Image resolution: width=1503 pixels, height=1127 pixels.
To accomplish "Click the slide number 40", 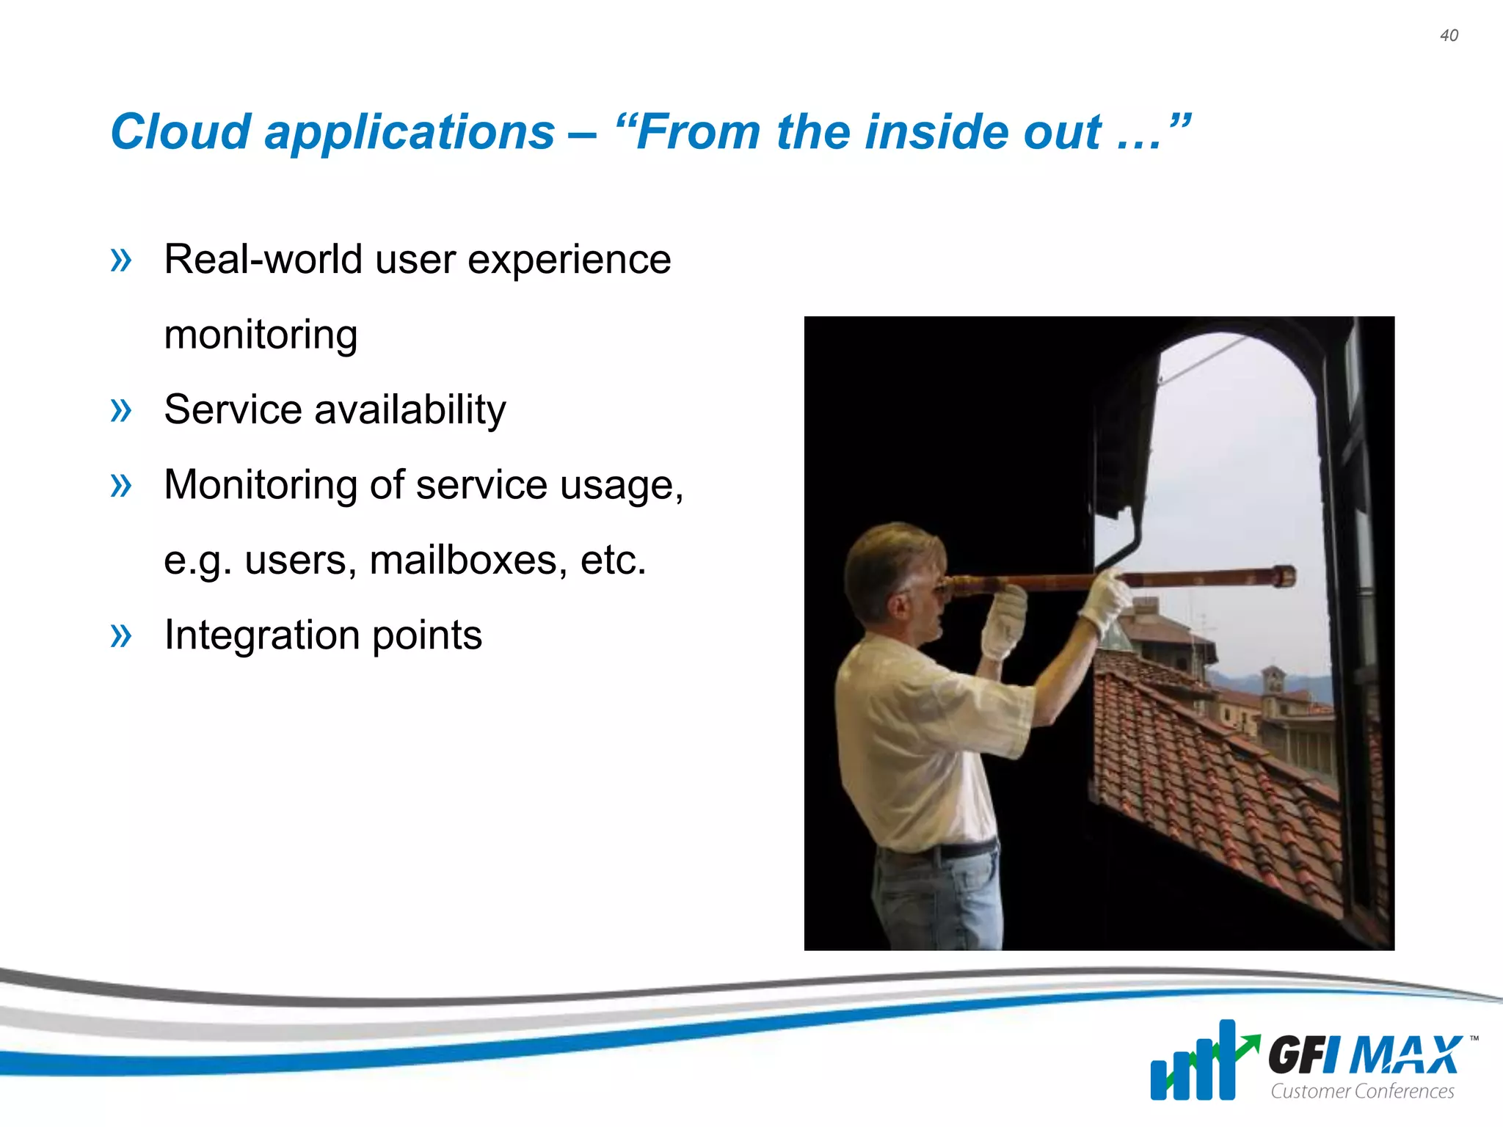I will coord(1449,35).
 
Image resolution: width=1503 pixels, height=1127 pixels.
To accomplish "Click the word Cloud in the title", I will coord(180,132).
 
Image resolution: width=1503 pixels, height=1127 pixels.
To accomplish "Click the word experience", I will coord(569,260).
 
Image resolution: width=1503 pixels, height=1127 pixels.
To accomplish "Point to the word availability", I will coord(410,409).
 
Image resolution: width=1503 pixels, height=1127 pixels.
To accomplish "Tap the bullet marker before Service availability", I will coord(120,409).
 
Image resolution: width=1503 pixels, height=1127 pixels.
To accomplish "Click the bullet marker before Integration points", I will coord(120,635).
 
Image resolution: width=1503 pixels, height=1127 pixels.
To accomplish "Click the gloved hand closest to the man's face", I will coord(1004,620).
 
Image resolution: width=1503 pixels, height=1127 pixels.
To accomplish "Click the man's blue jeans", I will coord(936,902).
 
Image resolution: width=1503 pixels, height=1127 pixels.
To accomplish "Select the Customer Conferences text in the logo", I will coord(1362,1091).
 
